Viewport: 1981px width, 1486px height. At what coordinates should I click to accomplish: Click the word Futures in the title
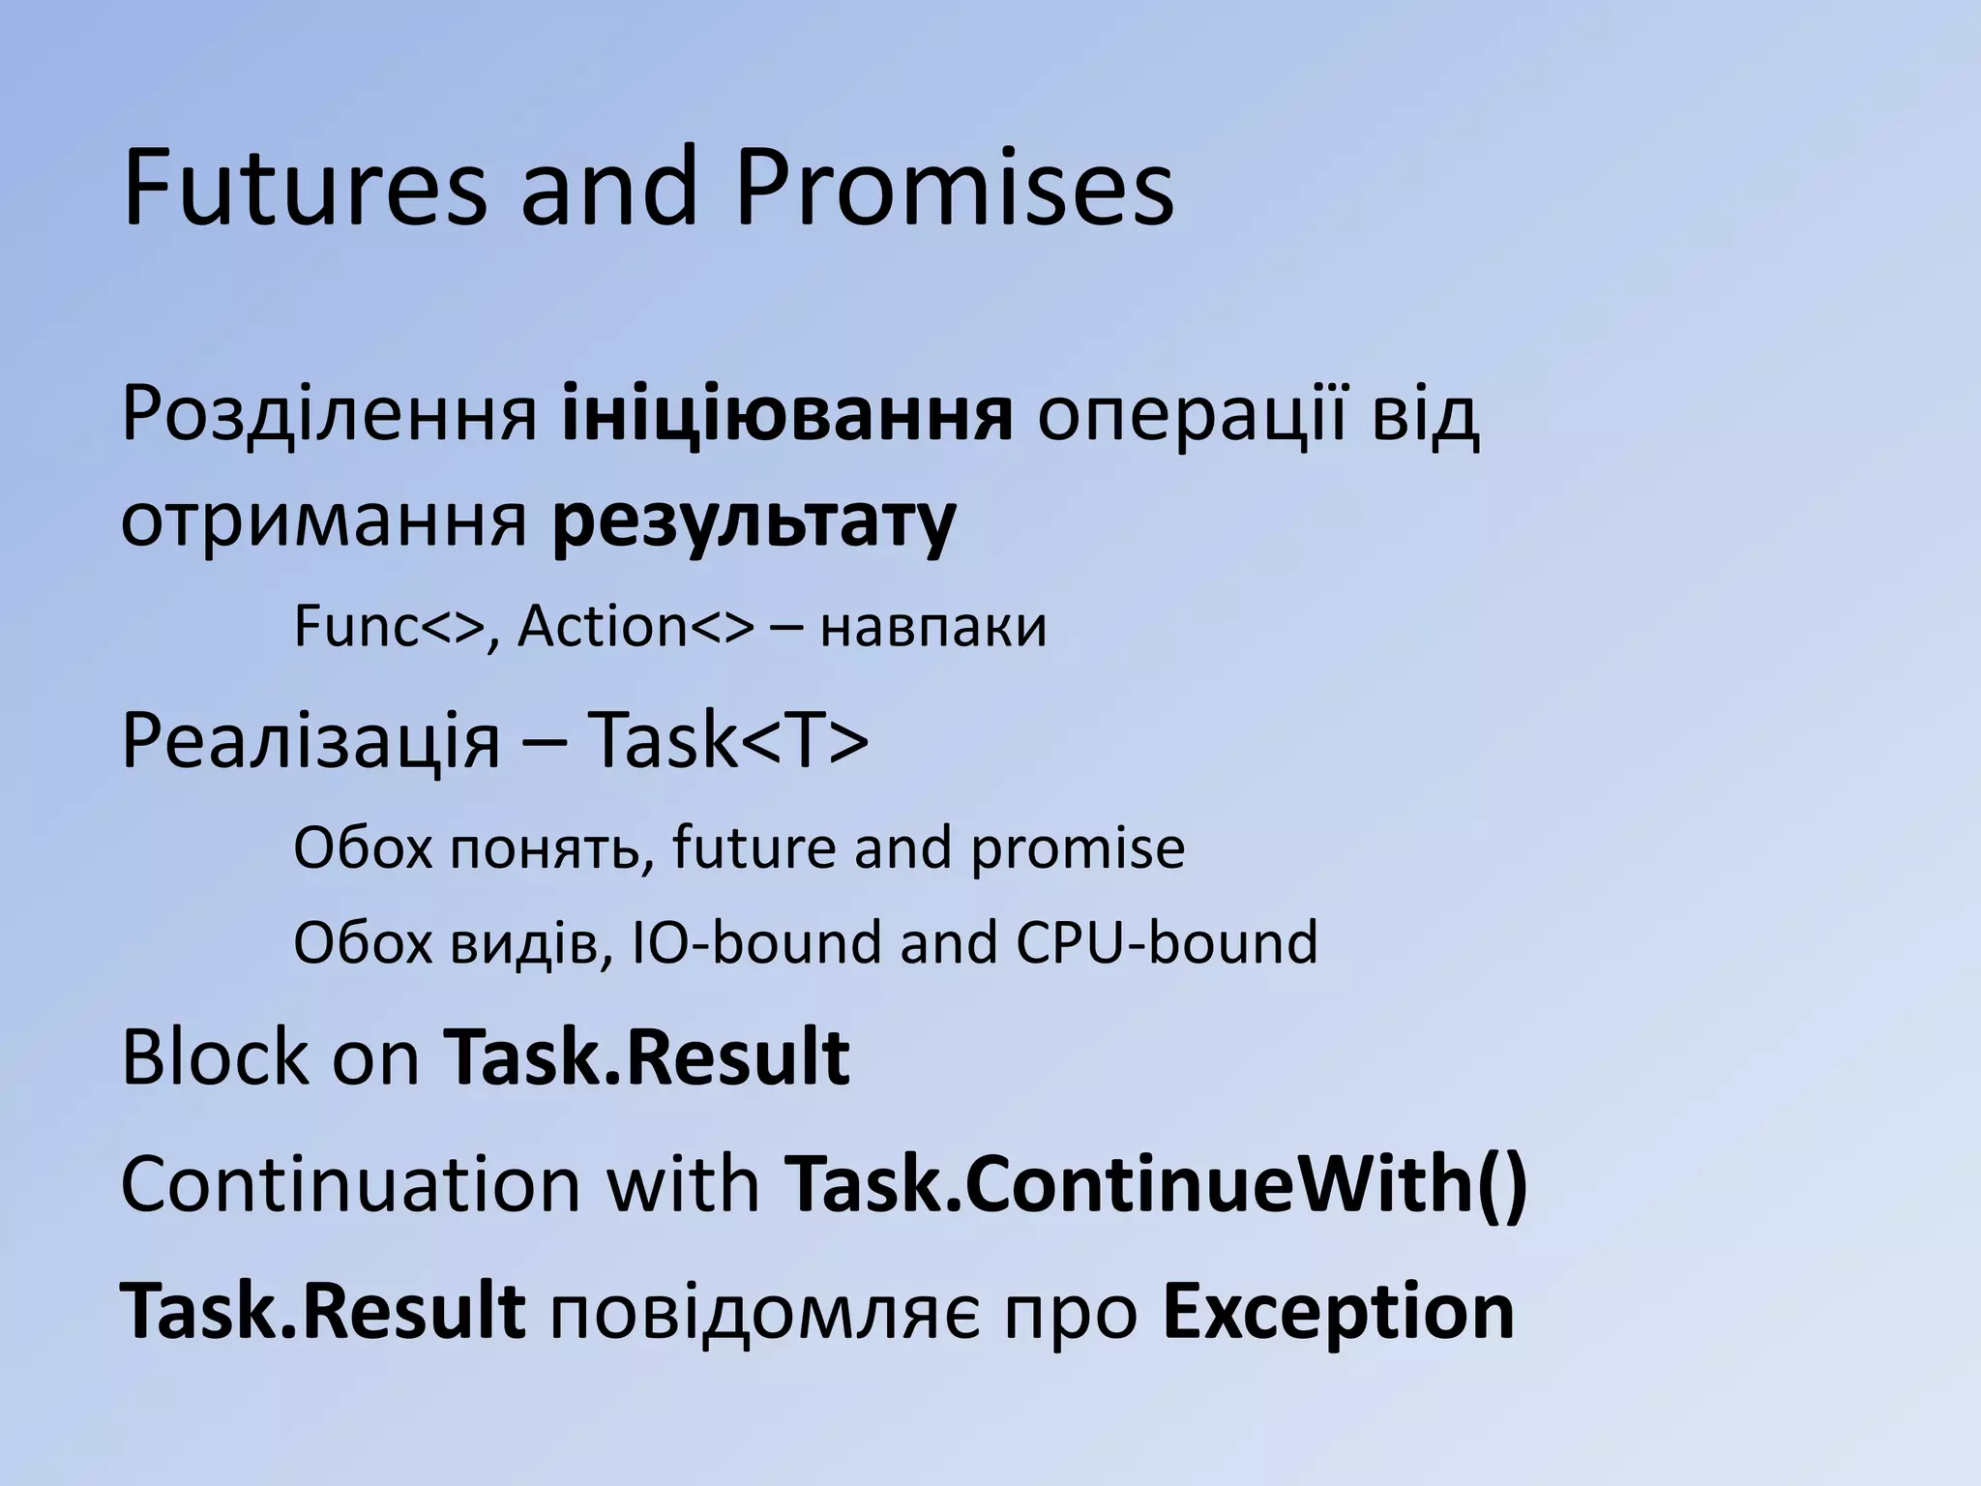(305, 188)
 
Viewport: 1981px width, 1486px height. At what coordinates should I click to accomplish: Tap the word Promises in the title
(954, 188)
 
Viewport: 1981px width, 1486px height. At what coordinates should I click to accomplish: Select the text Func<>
(388, 627)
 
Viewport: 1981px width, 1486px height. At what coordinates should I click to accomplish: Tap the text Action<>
(635, 627)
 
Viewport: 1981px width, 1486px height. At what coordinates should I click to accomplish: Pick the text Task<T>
(727, 741)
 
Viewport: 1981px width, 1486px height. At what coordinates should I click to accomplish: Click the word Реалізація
(310, 741)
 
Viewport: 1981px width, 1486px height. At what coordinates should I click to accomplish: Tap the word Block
(214, 1058)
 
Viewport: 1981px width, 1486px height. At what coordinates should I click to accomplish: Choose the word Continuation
(349, 1184)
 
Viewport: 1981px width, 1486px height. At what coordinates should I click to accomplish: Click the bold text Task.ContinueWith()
(1155, 1184)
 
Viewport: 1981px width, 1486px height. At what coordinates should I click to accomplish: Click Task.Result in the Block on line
(646, 1058)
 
